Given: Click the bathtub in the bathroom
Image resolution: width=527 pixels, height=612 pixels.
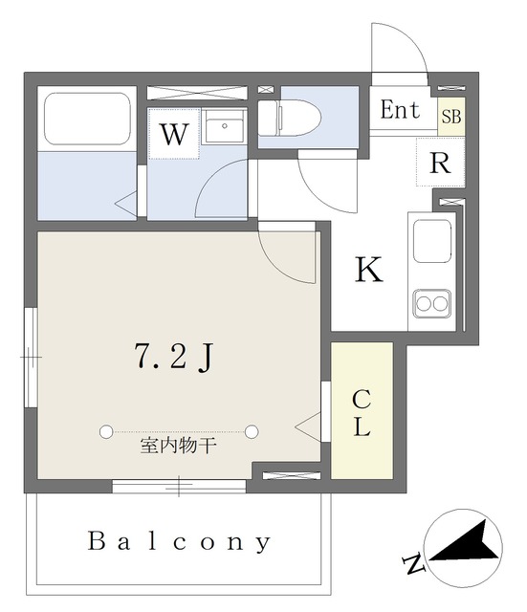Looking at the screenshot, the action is [x=87, y=119].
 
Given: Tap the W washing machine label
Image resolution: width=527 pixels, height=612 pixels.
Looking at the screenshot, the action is [x=174, y=134].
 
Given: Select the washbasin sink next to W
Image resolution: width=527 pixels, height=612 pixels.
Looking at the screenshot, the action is [x=224, y=126].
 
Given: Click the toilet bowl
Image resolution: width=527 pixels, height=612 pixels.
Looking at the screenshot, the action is [x=289, y=118].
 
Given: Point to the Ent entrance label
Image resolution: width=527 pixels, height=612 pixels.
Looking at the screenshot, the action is [x=400, y=110].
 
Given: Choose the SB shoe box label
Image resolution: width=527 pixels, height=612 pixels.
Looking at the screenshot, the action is [x=451, y=117].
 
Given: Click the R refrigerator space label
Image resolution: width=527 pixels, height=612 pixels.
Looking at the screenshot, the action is [x=440, y=163].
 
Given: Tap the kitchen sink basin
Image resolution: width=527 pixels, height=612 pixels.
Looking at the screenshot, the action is [x=432, y=241].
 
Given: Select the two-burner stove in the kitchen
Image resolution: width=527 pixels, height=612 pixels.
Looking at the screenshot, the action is [x=431, y=304].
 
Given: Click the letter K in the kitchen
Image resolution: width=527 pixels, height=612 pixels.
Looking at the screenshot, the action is [x=369, y=269].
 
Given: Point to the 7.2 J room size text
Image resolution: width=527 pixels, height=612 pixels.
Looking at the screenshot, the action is [x=174, y=357].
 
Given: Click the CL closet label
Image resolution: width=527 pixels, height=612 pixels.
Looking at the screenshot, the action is [x=362, y=413].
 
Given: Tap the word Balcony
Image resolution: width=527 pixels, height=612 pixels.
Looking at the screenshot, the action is [x=179, y=542].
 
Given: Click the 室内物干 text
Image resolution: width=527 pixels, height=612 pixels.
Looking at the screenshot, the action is [x=178, y=446].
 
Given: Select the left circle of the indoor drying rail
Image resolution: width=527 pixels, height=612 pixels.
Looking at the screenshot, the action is [x=106, y=431].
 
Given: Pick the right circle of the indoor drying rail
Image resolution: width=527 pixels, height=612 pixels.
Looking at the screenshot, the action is [x=252, y=431].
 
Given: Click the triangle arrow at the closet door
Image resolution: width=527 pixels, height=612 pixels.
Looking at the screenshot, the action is [x=308, y=427].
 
